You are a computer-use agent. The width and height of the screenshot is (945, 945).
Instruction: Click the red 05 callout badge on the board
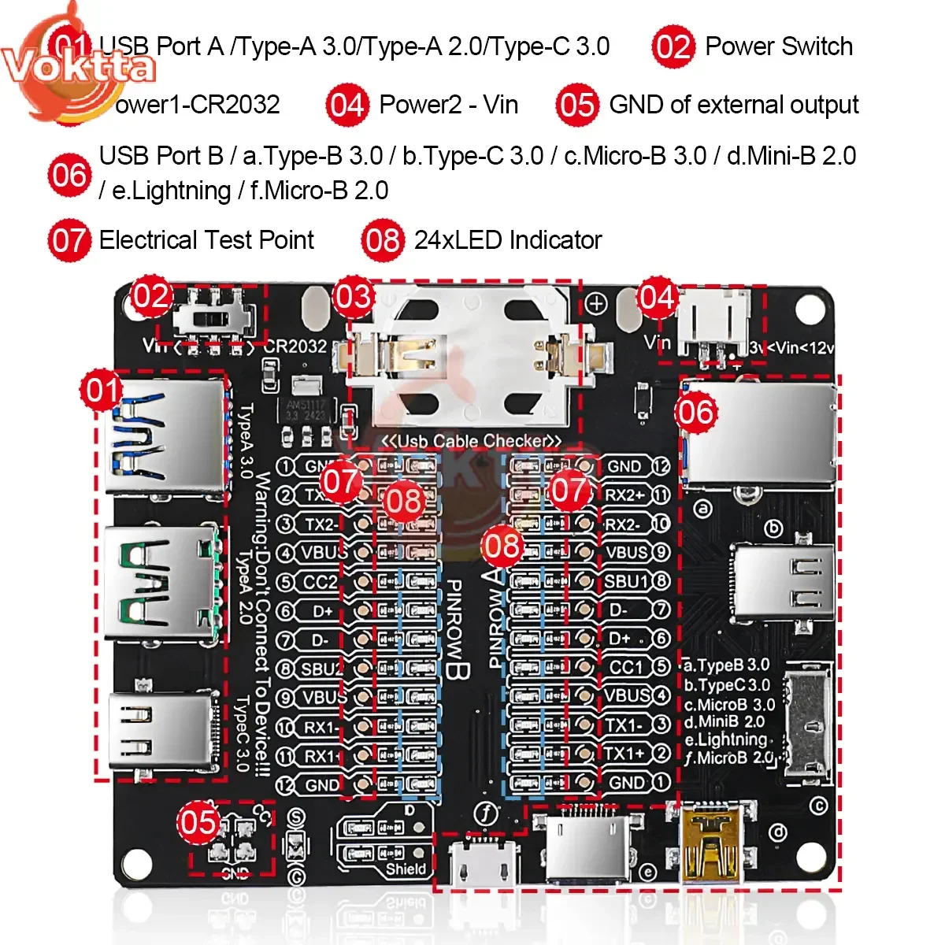198,823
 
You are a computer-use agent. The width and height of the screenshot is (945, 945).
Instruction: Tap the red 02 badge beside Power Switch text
673,47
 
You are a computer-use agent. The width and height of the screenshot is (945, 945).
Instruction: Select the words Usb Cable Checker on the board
472,442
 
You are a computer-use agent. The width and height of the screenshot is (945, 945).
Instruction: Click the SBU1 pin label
627,582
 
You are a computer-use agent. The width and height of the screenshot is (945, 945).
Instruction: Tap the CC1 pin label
627,667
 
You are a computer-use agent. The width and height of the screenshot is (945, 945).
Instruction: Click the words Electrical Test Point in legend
206,240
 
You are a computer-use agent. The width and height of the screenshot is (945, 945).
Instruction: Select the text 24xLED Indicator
508,240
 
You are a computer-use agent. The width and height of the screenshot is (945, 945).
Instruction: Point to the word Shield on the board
405,869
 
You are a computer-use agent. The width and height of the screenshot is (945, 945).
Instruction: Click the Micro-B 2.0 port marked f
483,863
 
